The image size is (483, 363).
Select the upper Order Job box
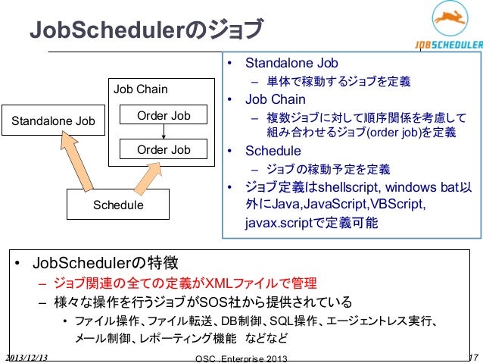tap(164, 115)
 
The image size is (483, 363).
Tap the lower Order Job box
tap(164, 149)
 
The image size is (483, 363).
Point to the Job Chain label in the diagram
tap(141, 89)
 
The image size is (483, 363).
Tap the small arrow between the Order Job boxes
tap(164, 132)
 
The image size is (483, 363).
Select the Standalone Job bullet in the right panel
tap(292, 63)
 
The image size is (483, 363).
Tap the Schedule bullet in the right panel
tap(273, 150)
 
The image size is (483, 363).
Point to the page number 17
tap(473, 356)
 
